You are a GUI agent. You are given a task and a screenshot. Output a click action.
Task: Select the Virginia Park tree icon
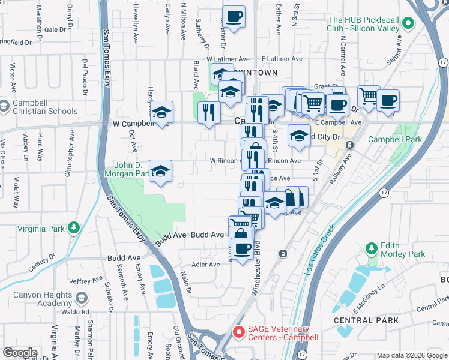(73, 227)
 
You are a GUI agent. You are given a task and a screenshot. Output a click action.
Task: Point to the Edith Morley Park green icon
(371, 248)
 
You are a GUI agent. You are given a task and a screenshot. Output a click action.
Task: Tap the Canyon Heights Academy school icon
(82, 298)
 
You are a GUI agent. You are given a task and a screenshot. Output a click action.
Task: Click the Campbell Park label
(394, 139)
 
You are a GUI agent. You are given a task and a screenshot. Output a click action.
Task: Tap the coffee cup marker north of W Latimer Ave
(234, 16)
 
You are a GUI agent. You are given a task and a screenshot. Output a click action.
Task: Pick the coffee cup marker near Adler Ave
(242, 248)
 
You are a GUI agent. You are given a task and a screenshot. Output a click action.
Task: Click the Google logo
(20, 353)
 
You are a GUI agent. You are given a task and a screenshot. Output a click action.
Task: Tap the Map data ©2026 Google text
(411, 355)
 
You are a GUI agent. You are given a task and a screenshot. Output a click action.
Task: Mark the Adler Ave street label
(205, 265)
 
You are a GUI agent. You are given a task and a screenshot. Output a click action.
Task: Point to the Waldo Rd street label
(77, 312)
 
